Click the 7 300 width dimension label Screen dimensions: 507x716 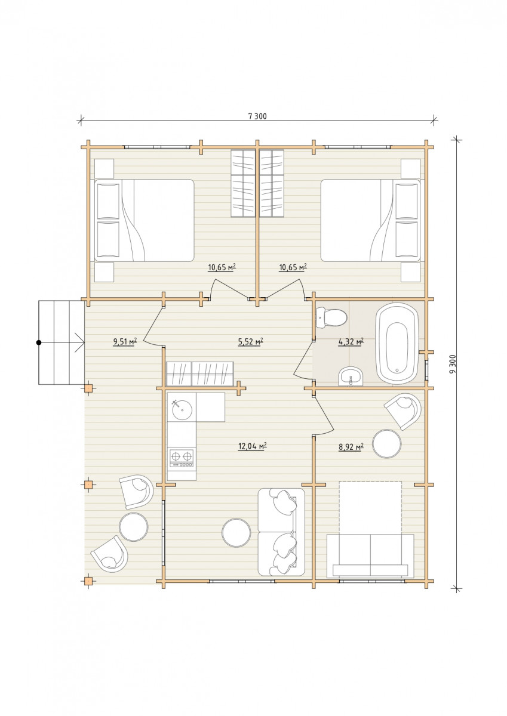[257, 116]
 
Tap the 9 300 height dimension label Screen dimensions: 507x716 [452, 365]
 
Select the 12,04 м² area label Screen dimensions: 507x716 [253, 446]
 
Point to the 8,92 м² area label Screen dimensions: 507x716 [351, 446]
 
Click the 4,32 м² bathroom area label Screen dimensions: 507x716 [351, 342]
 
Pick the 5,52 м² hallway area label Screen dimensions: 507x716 [250, 342]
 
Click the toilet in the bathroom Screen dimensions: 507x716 [331, 317]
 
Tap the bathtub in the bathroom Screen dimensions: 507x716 [397, 342]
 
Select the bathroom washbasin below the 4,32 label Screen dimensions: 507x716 [351, 376]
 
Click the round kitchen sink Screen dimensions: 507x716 [182, 410]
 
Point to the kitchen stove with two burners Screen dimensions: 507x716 [182, 458]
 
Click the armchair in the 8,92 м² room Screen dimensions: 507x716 [403, 411]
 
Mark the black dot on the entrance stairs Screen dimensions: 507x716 [39, 342]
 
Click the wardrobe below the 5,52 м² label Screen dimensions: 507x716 [200, 374]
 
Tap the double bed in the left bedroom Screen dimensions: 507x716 [145, 220]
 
